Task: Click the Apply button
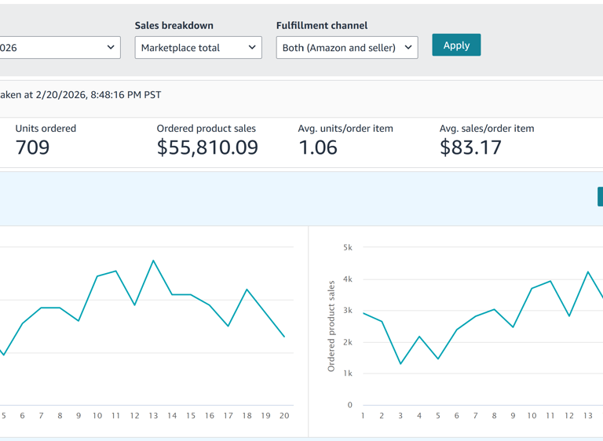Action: (456, 46)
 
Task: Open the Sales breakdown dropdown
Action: (198, 48)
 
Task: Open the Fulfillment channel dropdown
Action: (346, 48)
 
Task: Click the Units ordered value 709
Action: (32, 148)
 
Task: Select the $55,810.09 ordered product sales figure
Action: (207, 148)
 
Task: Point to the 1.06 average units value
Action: (318, 148)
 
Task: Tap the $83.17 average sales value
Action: (470, 148)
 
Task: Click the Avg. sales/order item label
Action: (487, 129)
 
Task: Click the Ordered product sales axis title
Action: (331, 326)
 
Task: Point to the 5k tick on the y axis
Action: (348, 248)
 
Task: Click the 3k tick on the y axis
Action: (348, 311)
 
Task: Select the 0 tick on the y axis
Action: (350, 406)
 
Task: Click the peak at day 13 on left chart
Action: (153, 261)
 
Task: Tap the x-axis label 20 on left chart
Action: (284, 416)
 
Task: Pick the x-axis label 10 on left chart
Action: (97, 416)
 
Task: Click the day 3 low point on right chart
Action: (400, 363)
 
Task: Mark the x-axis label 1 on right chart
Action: (363, 416)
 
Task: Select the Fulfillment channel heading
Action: (322, 26)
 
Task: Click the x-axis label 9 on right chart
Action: (513, 416)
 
